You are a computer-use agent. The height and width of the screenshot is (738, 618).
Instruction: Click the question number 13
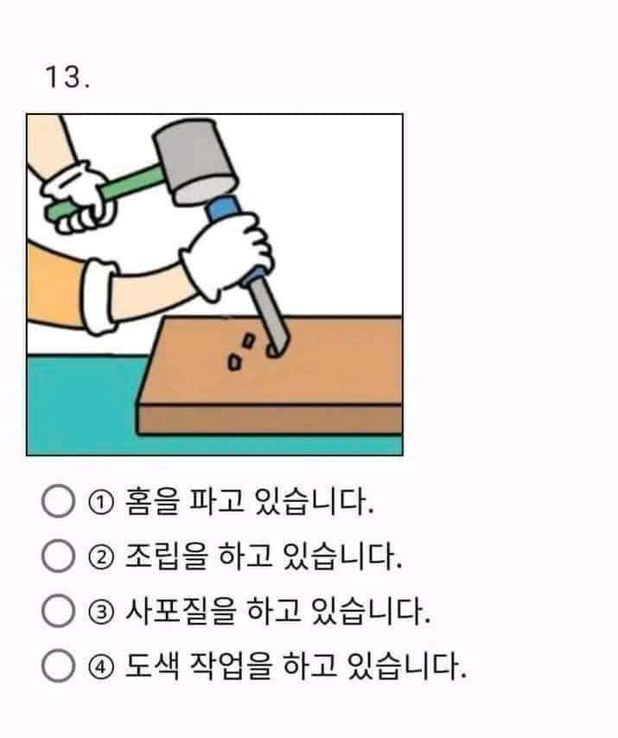(67, 77)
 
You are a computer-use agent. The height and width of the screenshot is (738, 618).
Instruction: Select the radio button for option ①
(59, 501)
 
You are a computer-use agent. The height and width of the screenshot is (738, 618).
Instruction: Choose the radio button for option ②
(59, 556)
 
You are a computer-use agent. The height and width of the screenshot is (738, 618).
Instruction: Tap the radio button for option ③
(59, 610)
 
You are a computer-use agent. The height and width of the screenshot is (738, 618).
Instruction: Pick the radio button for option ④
(59, 665)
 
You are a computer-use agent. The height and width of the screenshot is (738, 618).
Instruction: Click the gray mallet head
(194, 162)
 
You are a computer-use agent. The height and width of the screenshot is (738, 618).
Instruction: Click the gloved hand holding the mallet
(78, 198)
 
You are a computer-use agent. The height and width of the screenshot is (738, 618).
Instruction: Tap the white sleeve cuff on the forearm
(99, 296)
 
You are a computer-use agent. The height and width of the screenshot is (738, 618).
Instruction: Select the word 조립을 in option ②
(166, 556)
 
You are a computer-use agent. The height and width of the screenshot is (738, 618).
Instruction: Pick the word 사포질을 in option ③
(181, 610)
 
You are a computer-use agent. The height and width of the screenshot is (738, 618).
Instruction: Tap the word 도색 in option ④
(152, 665)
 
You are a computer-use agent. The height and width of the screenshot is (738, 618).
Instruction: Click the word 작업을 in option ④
(231, 665)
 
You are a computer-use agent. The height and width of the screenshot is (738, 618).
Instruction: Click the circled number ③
(101, 612)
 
